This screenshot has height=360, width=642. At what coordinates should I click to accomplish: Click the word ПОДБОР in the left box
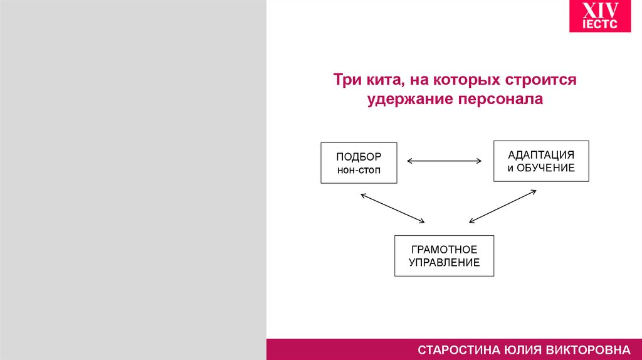click(359, 156)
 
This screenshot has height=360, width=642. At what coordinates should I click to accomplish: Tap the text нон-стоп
click(359, 170)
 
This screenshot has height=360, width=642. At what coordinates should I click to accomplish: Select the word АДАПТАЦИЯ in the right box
click(541, 154)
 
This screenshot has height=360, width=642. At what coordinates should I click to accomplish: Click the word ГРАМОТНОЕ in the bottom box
click(444, 250)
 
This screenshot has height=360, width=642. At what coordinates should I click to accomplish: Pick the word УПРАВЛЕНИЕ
click(444, 263)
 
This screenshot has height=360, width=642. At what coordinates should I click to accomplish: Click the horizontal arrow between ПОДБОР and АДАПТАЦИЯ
click(445, 161)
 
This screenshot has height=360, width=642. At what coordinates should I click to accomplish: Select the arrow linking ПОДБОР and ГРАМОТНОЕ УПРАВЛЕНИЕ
click(393, 208)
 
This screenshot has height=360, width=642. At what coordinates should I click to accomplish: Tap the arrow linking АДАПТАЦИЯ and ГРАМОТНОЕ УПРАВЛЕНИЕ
click(503, 206)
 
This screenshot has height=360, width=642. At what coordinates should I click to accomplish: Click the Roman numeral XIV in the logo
click(601, 11)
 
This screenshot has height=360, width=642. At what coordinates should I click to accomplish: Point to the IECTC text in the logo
click(601, 24)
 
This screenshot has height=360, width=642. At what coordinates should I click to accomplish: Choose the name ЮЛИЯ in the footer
click(520, 349)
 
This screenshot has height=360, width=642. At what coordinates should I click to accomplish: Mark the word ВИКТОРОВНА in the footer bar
click(587, 349)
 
